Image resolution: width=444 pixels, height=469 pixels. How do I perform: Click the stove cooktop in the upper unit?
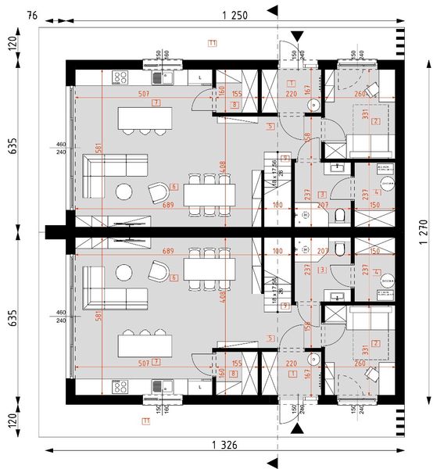[121, 77]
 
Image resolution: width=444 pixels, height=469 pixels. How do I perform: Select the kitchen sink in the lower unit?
[166, 386]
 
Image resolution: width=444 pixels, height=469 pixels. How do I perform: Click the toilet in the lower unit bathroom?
[338, 249]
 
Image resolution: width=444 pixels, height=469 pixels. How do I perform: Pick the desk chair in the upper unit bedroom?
[369, 85]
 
